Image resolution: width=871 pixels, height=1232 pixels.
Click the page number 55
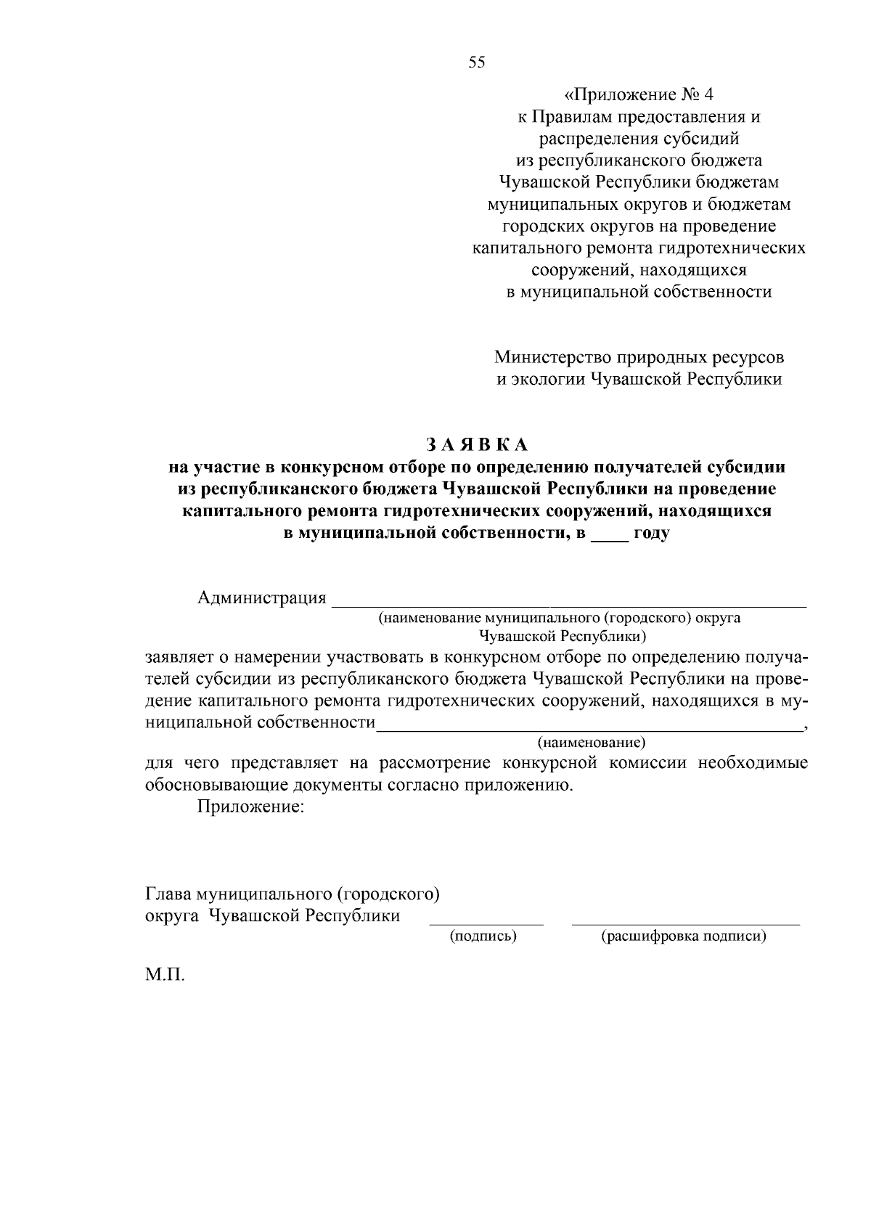coord(477,62)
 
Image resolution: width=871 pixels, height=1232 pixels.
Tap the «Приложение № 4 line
coord(639,95)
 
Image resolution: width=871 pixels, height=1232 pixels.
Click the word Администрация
coord(261,598)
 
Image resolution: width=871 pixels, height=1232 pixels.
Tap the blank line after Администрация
coord(568,603)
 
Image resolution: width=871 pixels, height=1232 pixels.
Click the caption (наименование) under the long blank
coord(591,743)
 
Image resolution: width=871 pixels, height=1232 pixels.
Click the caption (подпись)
coord(483,937)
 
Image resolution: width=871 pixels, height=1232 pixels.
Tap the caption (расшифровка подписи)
coord(684,937)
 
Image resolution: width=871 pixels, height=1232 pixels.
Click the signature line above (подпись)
coord(486,923)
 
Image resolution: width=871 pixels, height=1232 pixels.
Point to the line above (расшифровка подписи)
coord(686,923)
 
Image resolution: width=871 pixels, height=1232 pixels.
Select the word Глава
coord(168,894)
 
